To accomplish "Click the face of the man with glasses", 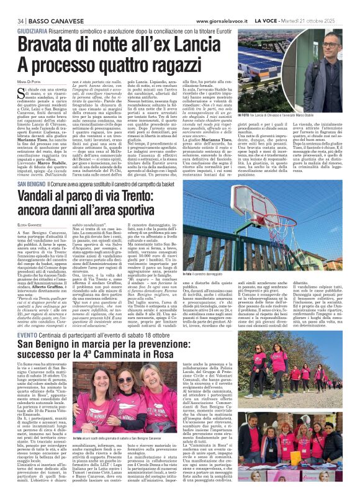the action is point(331,50).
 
